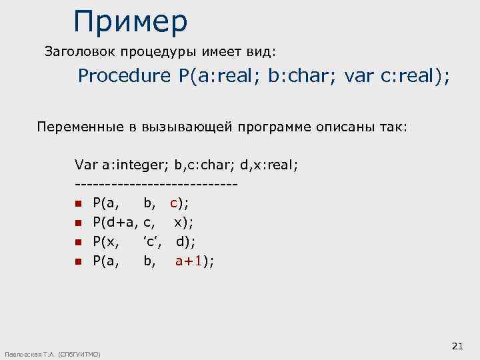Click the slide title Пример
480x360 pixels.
pyautogui.click(x=131, y=21)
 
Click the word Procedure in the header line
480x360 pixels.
pyautogui.click(x=124, y=76)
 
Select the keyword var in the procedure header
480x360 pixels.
pyautogui.click(x=359, y=76)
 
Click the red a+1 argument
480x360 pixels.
pyautogui.click(x=189, y=261)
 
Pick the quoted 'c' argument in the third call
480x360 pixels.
pyautogui.click(x=152, y=241)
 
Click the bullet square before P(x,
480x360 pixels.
pyautogui.click(x=78, y=242)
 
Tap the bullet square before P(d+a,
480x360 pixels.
pyautogui.click(x=78, y=223)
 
